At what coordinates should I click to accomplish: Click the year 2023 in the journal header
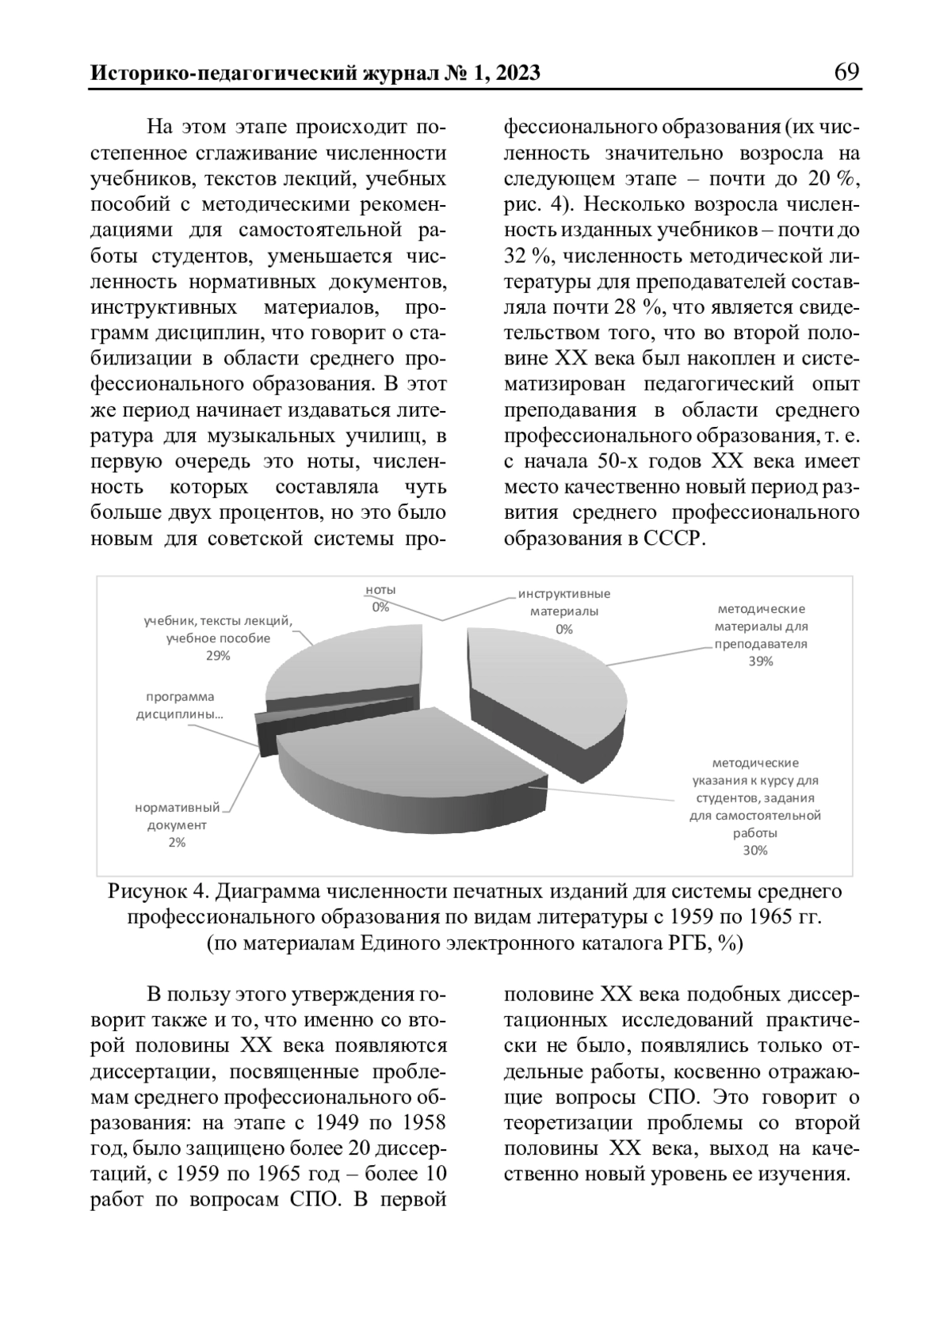pyautogui.click(x=512, y=74)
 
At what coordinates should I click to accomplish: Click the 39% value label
pyautogui.click(x=760, y=662)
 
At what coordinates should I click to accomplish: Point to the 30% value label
pyautogui.click(x=754, y=851)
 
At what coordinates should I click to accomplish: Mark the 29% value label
pyautogui.click(x=218, y=656)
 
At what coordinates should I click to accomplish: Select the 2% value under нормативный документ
pyautogui.click(x=176, y=843)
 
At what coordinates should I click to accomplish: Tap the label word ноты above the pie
pyautogui.click(x=380, y=590)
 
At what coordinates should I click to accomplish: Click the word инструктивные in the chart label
pyautogui.click(x=564, y=594)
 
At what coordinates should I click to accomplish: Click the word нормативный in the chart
pyautogui.click(x=177, y=808)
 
